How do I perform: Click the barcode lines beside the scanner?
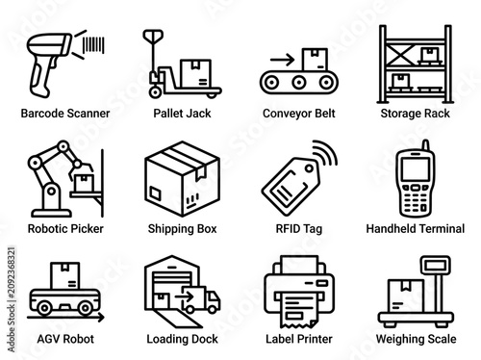click(x=93, y=45)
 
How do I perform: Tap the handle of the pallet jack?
click(x=153, y=36)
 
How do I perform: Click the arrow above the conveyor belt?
click(x=282, y=60)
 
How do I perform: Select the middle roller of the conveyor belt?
click(x=299, y=83)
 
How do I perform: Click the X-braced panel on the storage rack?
click(x=400, y=55)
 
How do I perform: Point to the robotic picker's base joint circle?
click(x=51, y=192)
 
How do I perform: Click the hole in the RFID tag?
click(x=310, y=168)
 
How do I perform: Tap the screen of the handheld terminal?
click(x=416, y=169)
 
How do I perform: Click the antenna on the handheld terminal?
click(x=425, y=145)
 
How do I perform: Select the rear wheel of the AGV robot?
click(x=44, y=308)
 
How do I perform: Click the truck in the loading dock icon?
click(x=201, y=300)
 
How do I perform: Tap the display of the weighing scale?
click(x=436, y=266)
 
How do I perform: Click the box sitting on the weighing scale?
click(x=406, y=296)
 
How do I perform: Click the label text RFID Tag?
click(x=299, y=229)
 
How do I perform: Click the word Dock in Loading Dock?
click(x=203, y=339)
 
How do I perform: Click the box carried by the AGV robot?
click(x=65, y=275)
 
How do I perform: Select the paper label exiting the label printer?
click(x=299, y=311)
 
